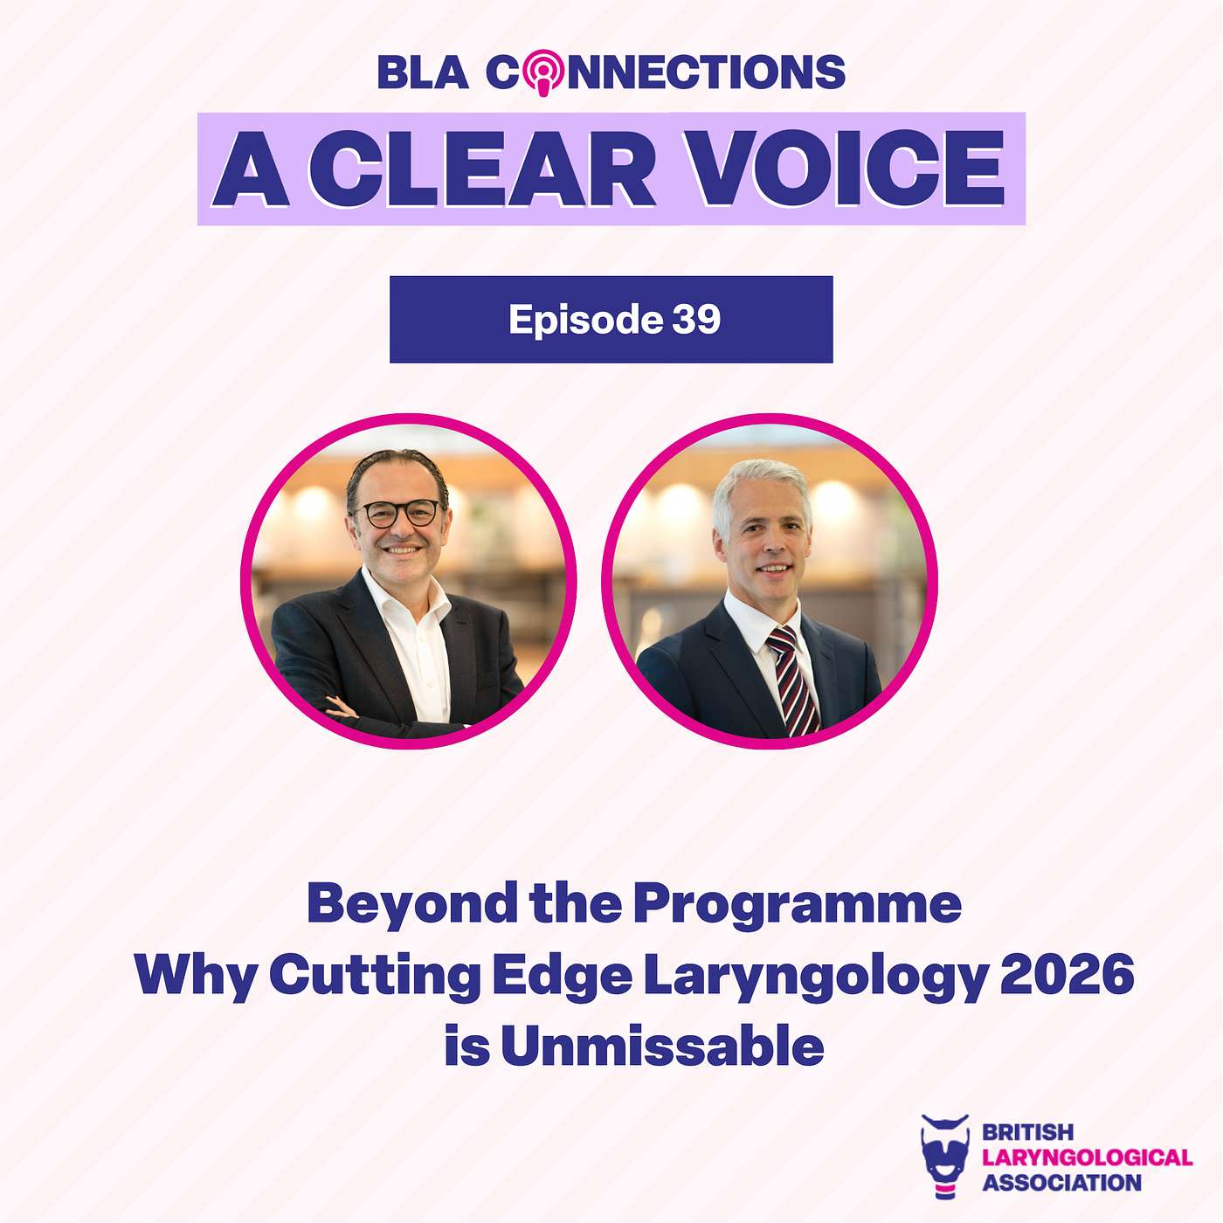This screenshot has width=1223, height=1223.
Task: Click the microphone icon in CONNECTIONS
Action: click(542, 72)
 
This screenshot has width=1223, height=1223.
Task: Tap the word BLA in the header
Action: click(424, 72)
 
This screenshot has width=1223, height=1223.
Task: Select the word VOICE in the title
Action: click(847, 169)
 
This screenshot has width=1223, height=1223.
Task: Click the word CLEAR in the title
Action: click(481, 169)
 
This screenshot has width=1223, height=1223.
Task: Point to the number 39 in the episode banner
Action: click(696, 319)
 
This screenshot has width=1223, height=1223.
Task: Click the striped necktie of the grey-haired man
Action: click(792, 680)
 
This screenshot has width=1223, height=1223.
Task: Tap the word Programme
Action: click(798, 907)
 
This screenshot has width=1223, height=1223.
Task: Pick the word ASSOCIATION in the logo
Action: click(1061, 1183)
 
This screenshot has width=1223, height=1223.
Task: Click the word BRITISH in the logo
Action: click(1027, 1131)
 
